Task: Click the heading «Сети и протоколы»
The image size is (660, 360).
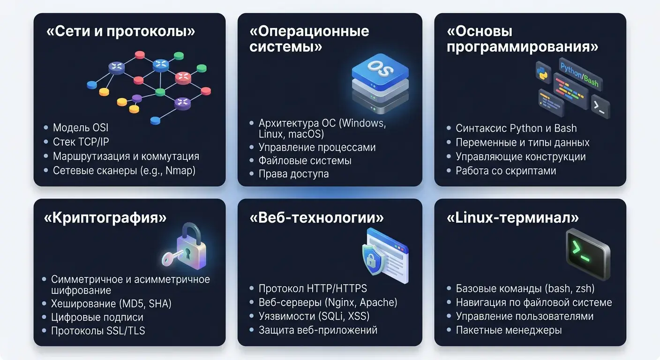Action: point(121,31)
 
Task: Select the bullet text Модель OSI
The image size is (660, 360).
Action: point(81,127)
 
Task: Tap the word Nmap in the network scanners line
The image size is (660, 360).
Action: point(179,171)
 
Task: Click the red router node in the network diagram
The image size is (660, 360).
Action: point(183,77)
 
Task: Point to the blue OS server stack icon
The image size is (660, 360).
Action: point(380,83)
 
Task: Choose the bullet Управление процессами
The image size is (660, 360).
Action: point(317,147)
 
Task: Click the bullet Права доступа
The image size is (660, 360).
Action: point(293,174)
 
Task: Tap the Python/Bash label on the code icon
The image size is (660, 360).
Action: point(579,75)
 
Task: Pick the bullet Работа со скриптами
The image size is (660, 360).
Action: point(506,171)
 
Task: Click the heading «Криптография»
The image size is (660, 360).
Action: point(105,217)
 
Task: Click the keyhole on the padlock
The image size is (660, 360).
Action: point(187,253)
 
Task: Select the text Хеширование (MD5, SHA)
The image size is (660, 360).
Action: point(111,303)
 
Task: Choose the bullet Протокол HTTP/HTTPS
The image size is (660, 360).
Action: point(313,288)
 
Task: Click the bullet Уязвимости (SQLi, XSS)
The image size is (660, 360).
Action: point(314,316)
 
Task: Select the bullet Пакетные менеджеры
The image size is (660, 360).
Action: point(509,330)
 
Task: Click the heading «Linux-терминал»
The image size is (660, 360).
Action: point(513,217)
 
